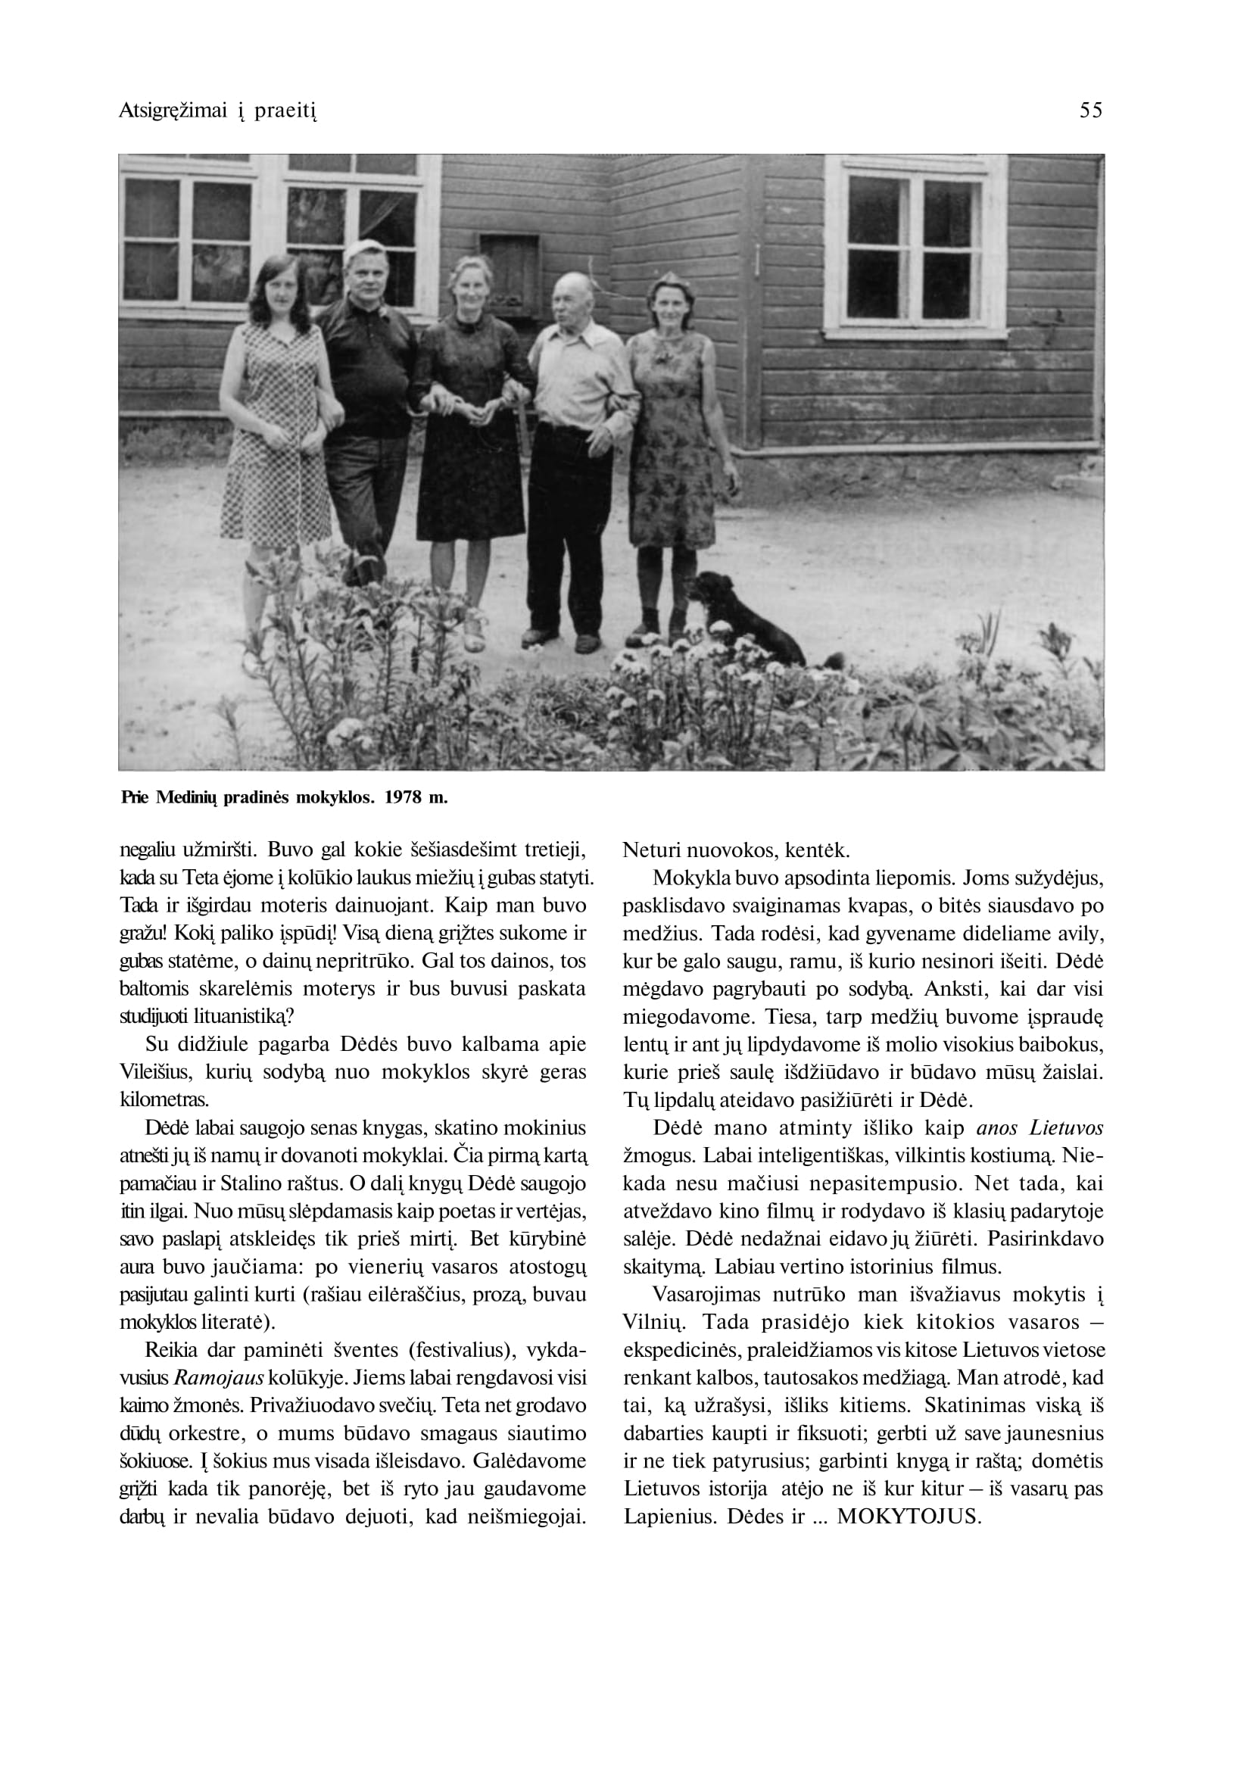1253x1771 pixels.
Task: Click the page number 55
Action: click(1091, 111)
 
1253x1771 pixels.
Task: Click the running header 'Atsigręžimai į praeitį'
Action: click(218, 112)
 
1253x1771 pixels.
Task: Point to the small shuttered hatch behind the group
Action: click(510, 267)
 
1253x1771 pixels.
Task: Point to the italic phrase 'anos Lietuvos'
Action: click(1039, 1127)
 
